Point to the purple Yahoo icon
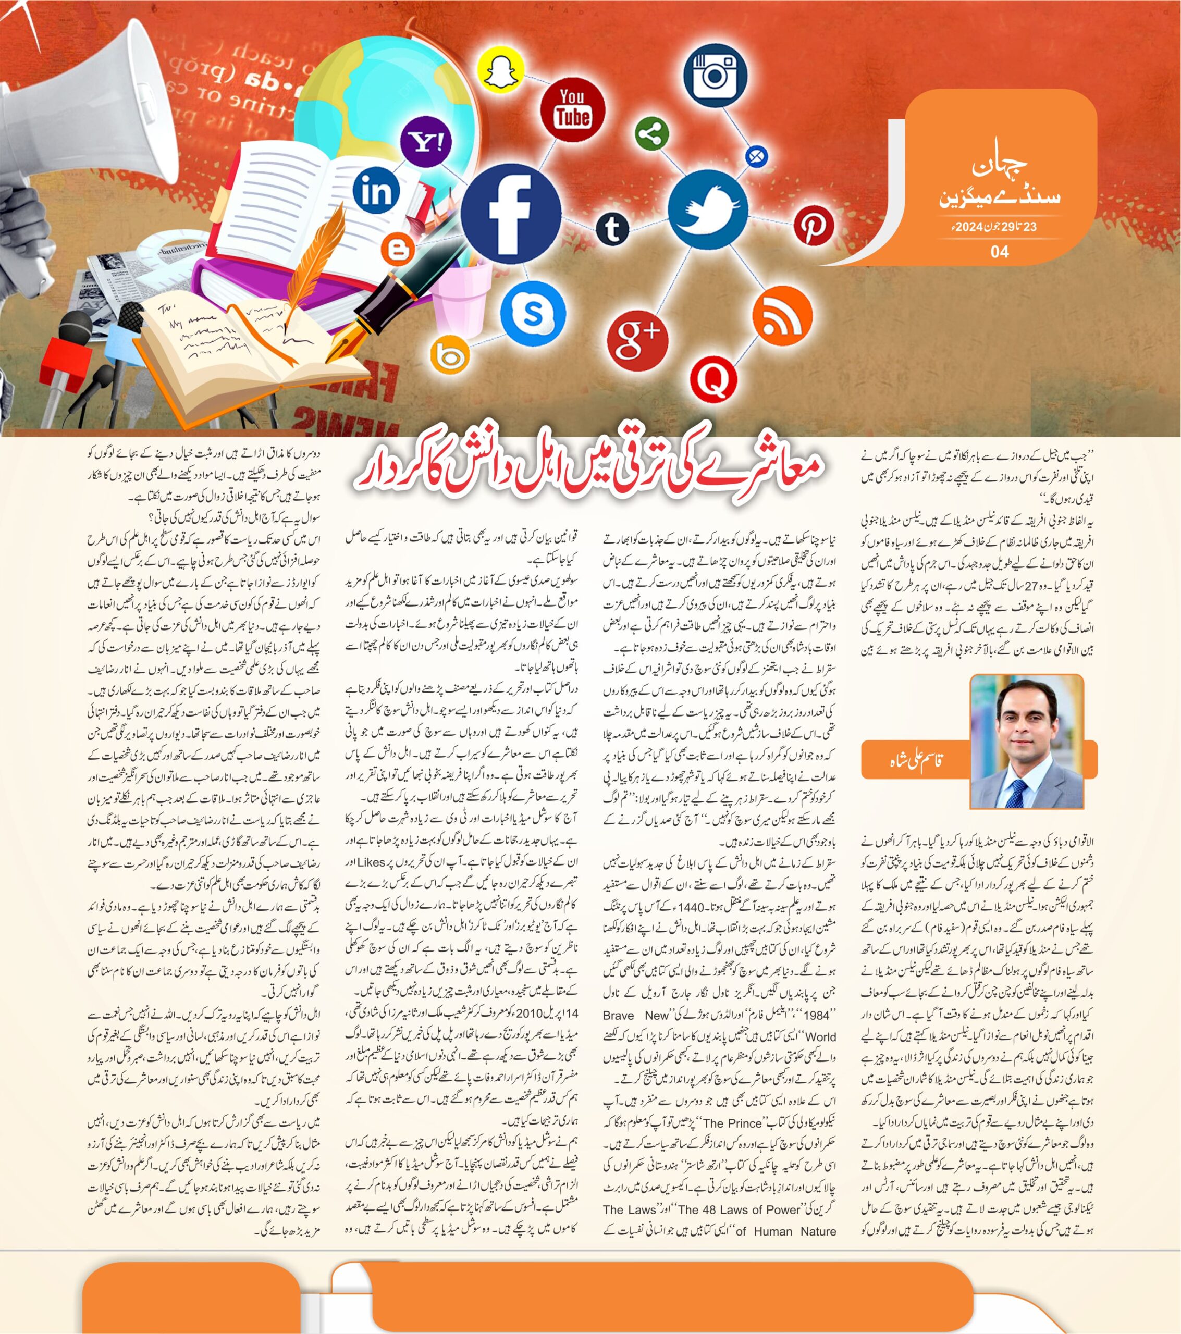[x=426, y=142]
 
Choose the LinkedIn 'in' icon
[x=377, y=191]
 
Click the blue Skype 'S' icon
[x=533, y=313]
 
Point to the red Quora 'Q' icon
[x=713, y=378]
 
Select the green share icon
[x=648, y=134]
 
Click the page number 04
[x=1000, y=252]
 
